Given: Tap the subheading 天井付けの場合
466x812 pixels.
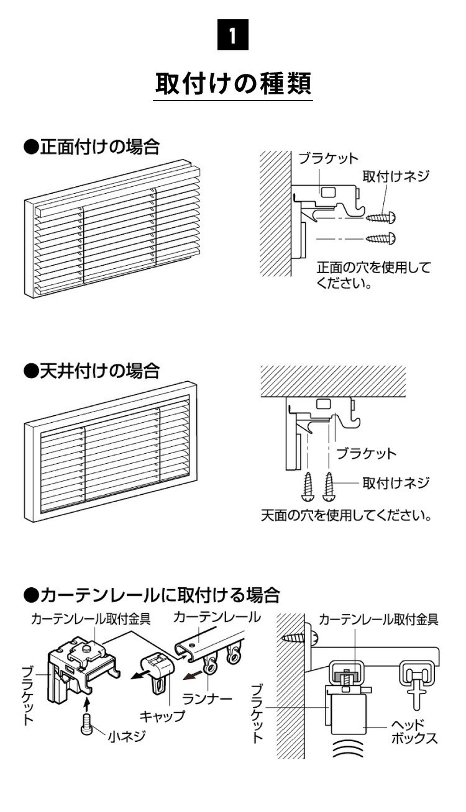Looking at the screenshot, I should tap(92, 371).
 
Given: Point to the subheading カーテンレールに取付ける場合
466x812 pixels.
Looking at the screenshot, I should tap(152, 595).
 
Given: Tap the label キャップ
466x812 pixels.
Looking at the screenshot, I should tap(163, 716).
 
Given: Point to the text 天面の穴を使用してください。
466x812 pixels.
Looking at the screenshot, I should tap(345, 515).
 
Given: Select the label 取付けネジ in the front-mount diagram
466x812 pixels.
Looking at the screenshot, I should tap(396, 176).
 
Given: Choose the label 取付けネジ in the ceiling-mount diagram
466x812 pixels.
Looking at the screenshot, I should tap(396, 482).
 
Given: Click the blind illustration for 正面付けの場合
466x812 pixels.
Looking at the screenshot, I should tap(112, 230).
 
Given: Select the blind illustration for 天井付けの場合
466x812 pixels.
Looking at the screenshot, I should tap(112, 452).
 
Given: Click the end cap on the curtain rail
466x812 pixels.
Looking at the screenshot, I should tap(158, 667).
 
